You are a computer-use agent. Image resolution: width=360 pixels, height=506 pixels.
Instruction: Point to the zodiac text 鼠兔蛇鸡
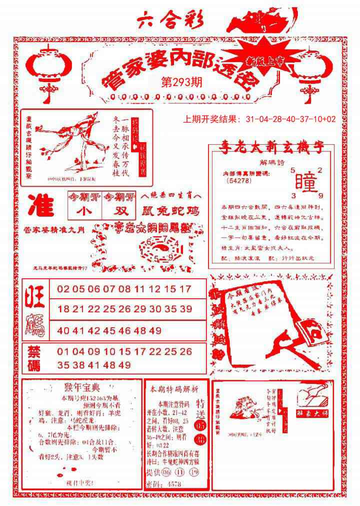170,212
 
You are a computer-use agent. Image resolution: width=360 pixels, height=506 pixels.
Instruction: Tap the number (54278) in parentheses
238,181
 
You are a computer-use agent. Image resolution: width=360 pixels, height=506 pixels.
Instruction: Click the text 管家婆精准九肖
54,229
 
